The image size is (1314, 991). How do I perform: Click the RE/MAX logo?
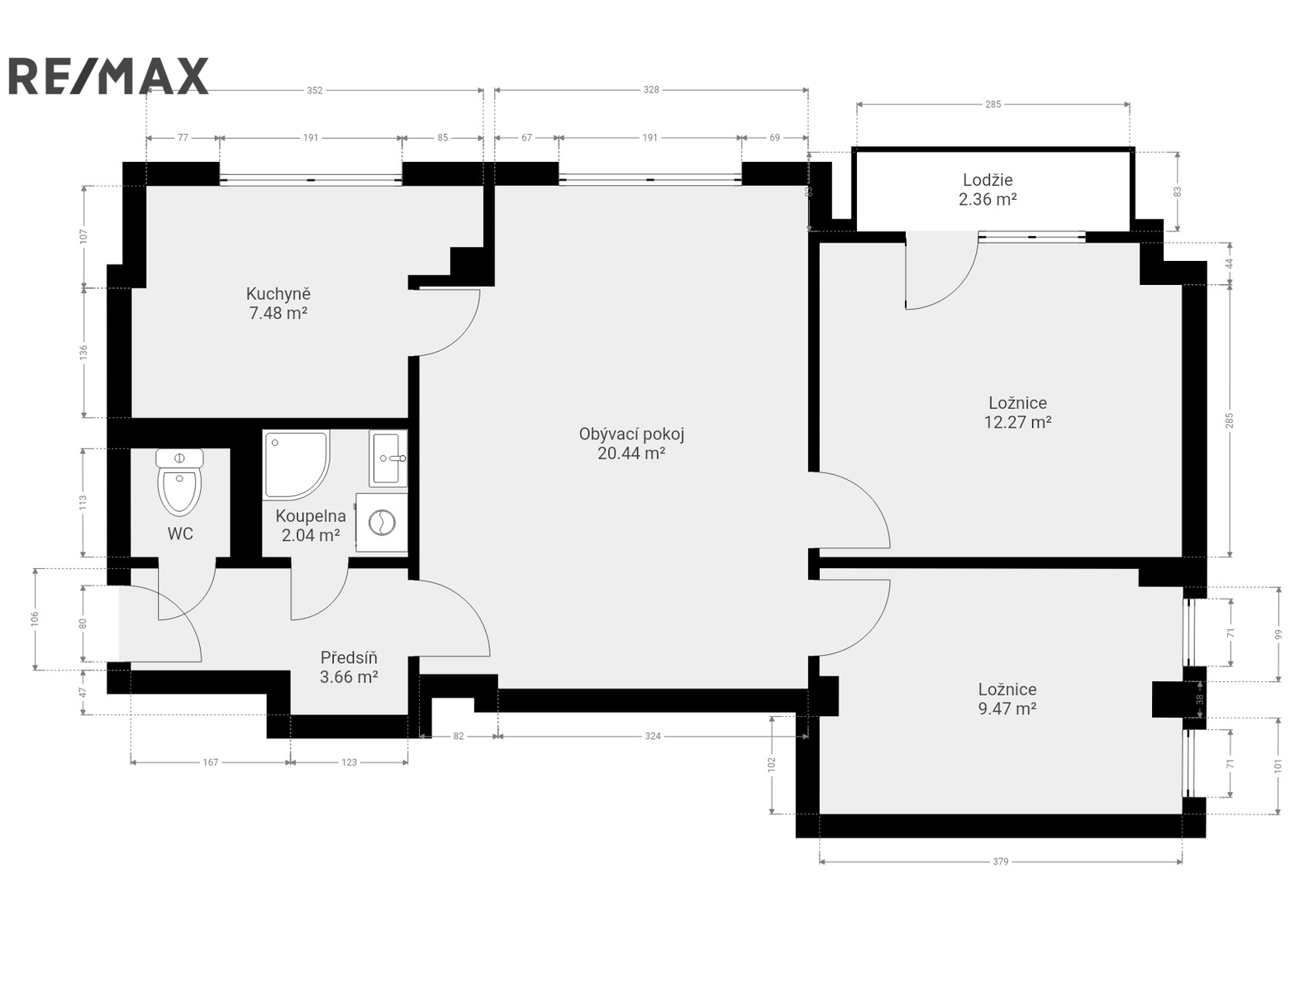[108, 76]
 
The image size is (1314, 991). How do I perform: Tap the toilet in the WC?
[179, 482]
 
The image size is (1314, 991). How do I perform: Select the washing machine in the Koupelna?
[381, 523]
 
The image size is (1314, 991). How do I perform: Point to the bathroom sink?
[388, 458]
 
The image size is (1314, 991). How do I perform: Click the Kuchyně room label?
[279, 294]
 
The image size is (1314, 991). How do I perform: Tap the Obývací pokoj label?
[631, 434]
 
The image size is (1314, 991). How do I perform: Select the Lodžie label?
[988, 179]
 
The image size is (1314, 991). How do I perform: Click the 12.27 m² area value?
[1017, 422]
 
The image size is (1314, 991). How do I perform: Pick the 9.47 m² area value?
[1007, 709]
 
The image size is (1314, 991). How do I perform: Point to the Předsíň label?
[349, 658]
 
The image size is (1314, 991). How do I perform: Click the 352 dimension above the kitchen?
[314, 90]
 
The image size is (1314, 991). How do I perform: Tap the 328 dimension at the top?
[650, 90]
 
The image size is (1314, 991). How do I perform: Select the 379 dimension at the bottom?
[1000, 862]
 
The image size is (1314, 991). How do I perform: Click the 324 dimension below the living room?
[653, 736]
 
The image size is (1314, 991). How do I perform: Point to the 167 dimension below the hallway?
[210, 762]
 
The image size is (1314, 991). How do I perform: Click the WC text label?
[180, 533]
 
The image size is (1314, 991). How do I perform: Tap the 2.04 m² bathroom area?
[311, 535]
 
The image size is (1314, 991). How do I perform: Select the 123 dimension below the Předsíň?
[349, 762]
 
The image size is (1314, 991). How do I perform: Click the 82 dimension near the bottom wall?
[458, 736]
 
